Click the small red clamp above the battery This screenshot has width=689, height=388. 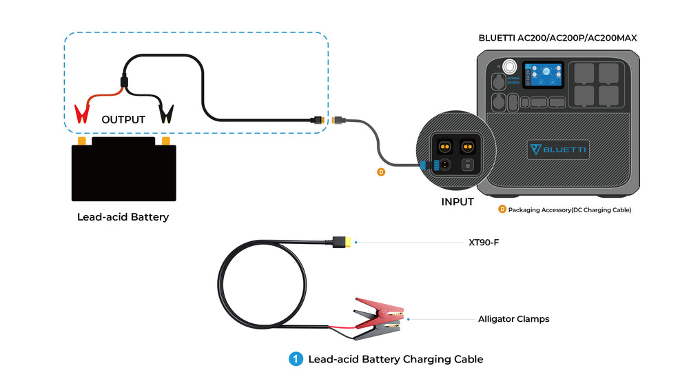coord(82,113)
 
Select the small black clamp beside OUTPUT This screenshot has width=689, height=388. coord(167,113)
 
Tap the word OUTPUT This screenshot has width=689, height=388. coord(123,120)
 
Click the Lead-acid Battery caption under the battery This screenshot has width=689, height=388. coord(123,217)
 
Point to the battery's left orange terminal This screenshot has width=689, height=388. coord(82,141)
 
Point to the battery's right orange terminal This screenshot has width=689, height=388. coord(165,141)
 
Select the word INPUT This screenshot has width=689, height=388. coord(457,202)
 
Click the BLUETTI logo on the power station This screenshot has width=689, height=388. coord(558,150)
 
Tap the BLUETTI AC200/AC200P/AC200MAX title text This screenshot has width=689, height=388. coord(557,38)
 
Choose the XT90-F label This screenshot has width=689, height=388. coord(483,243)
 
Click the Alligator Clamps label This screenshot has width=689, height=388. coord(513,319)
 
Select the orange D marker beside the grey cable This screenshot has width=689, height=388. coord(381,172)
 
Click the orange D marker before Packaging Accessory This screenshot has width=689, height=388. coord(502,209)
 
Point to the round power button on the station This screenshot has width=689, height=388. coord(509,68)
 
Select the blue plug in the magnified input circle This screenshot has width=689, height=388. coord(424,165)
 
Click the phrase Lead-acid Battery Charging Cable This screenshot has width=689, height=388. coord(395,359)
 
